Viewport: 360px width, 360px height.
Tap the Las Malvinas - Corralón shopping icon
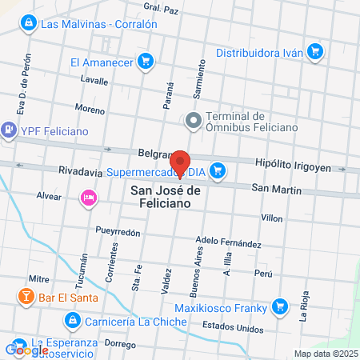click(x=30, y=23)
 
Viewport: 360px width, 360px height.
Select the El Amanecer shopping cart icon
click(x=145, y=61)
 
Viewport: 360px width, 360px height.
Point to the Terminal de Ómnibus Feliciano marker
click(x=192, y=122)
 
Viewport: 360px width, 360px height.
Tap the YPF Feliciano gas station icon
click(x=9, y=127)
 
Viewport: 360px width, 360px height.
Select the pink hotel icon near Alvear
click(x=88, y=197)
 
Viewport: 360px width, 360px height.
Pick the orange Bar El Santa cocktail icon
click(x=26, y=298)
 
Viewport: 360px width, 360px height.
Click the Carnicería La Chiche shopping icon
click(x=72, y=322)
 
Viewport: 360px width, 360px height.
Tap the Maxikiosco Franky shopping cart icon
click(x=278, y=305)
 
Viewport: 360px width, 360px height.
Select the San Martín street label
click(x=276, y=190)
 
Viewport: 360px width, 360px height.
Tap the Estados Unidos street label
click(x=233, y=326)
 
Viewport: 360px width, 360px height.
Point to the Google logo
click(x=26, y=349)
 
